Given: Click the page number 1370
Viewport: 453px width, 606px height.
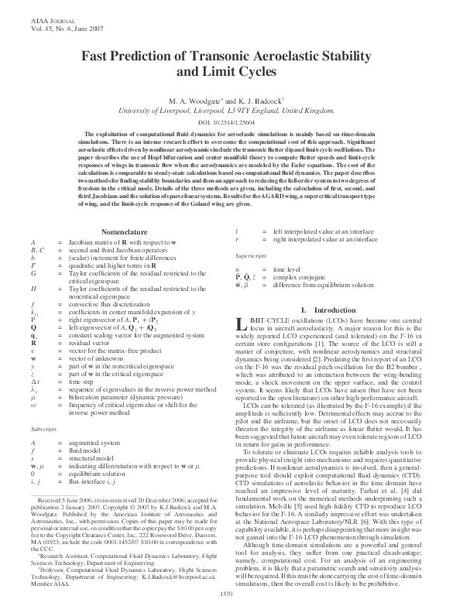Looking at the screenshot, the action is click(x=226, y=593).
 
